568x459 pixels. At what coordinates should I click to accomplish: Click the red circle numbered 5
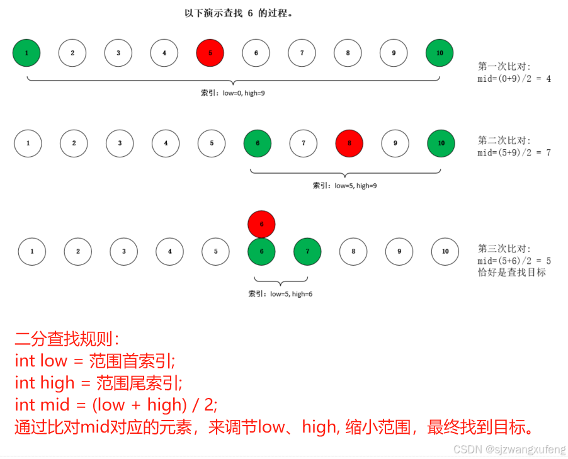[x=210, y=53]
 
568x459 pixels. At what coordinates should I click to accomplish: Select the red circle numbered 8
[x=349, y=143]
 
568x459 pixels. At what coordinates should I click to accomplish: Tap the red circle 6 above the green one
[x=261, y=224]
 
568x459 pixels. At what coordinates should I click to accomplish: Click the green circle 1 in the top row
[x=26, y=53]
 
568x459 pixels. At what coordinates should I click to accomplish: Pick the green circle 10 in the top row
[x=440, y=53]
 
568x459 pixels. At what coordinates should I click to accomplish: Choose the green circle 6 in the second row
[x=258, y=143]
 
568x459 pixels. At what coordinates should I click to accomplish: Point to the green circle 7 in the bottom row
[x=307, y=251]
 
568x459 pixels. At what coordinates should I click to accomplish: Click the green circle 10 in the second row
[x=441, y=143]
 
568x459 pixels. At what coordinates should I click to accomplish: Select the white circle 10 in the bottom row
[x=445, y=251]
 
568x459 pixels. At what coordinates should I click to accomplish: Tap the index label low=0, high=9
[x=232, y=93]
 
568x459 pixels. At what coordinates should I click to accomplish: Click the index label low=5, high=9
[x=344, y=186]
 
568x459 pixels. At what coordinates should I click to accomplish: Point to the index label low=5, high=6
[x=280, y=293]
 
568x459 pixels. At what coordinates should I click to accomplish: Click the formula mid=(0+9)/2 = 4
[x=514, y=79]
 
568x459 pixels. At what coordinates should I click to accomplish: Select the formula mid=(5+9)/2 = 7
[x=514, y=152]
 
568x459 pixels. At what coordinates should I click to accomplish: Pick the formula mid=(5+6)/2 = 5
[x=514, y=261]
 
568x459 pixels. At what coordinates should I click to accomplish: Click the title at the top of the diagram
[x=239, y=13]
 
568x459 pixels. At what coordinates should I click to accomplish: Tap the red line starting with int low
[x=94, y=361]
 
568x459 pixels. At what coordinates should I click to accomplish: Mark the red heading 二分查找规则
[x=67, y=339]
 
